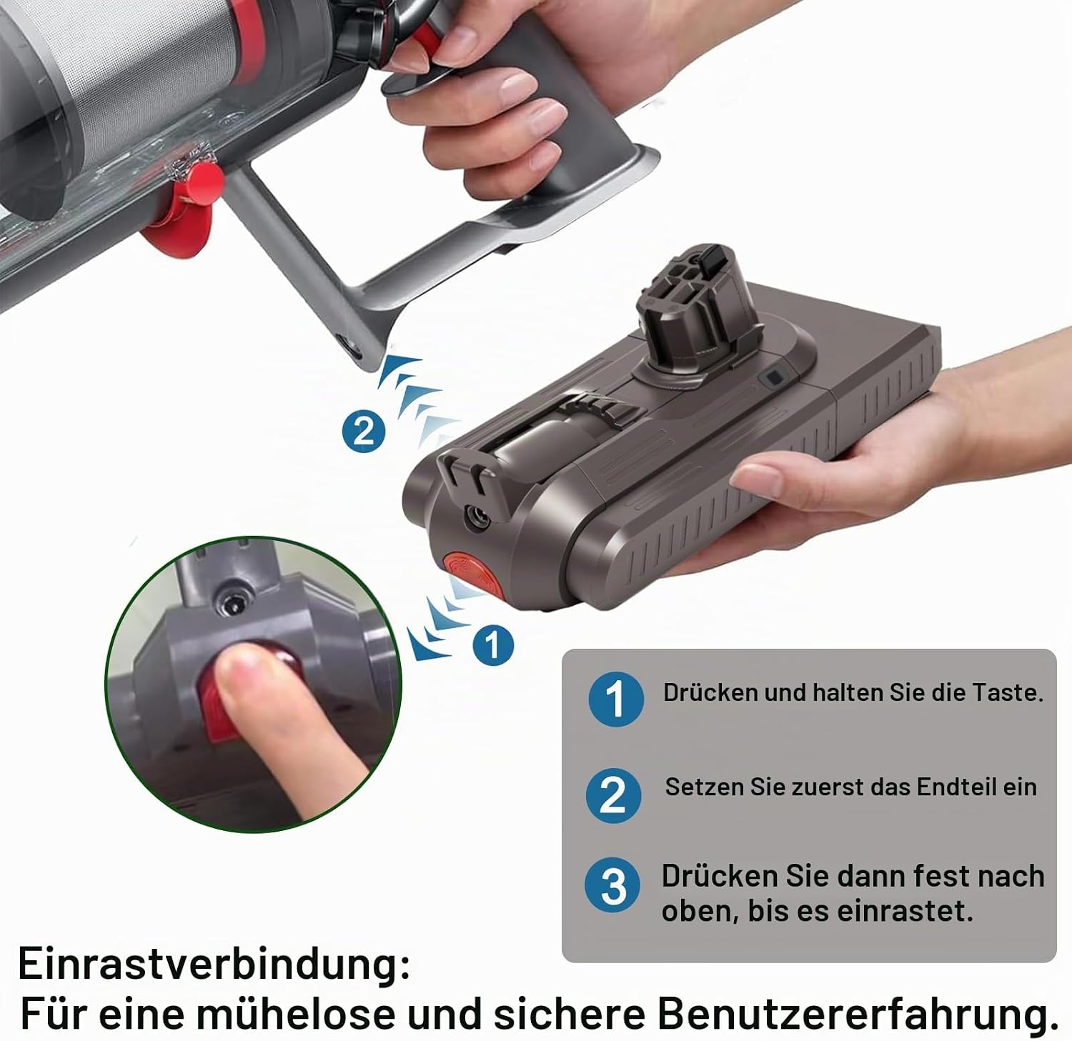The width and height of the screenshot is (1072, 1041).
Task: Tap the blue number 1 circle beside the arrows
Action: pos(493,645)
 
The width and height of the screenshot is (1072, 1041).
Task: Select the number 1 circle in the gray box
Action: pos(616,699)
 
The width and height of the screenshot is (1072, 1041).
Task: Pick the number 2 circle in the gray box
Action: pos(613,795)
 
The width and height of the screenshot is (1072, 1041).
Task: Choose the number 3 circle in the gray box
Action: pos(613,886)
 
